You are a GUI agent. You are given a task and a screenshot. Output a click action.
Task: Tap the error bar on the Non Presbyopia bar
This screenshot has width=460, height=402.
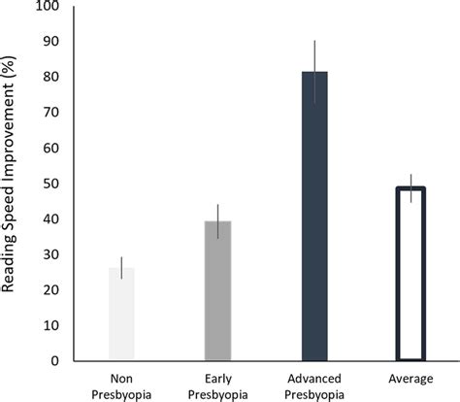click(122, 267)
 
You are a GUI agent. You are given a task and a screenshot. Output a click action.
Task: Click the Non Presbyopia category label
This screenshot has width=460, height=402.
click(122, 385)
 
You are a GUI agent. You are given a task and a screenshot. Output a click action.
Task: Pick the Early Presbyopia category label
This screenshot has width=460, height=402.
click(217, 385)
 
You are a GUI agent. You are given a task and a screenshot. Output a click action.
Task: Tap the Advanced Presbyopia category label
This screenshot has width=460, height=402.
click(314, 385)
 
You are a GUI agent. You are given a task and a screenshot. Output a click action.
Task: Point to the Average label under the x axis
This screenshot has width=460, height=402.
click(411, 378)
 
